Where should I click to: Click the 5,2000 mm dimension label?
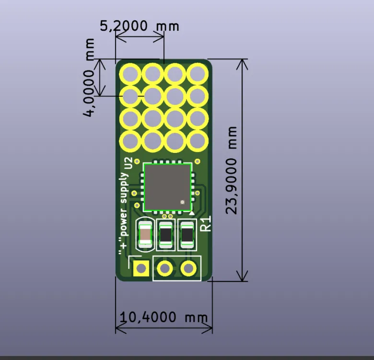coord(139,26)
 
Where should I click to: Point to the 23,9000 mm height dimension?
coord(233,170)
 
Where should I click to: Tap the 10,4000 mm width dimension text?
coord(164,317)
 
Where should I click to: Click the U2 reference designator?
coord(128,163)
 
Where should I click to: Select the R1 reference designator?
coord(205,224)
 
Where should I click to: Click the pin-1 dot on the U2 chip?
coord(182,202)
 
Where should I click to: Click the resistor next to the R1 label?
coord(187,234)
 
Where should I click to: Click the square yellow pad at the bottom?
coord(141,268)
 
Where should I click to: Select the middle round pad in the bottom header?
coord(165,268)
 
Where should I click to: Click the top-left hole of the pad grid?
coord(130,74)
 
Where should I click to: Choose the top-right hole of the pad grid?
coord(197,74)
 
